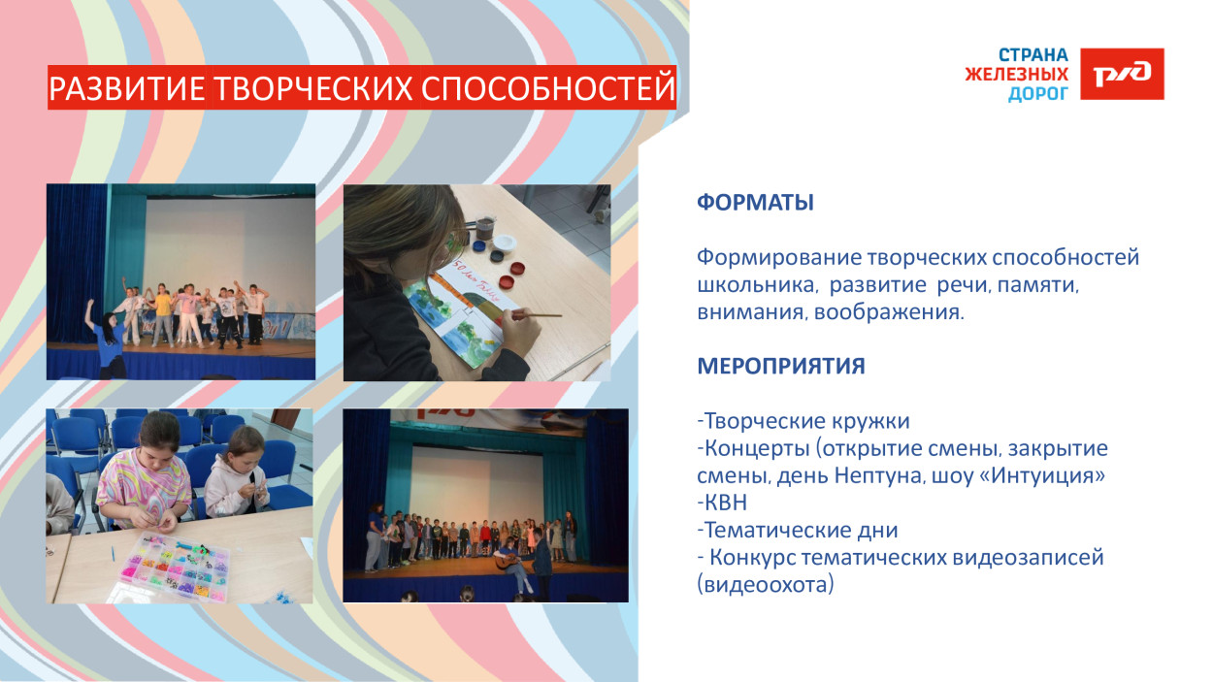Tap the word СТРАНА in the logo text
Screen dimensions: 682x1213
[x=1033, y=55]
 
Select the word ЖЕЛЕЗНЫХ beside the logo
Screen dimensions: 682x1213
[x=1016, y=75]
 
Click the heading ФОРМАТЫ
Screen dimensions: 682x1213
[x=755, y=203]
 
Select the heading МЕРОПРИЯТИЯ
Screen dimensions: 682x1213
[x=780, y=367]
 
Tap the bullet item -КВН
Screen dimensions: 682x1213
[x=722, y=503]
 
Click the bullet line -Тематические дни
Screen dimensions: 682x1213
[x=797, y=531]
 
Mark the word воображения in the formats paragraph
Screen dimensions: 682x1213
[x=888, y=312]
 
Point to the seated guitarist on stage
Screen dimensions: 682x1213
[x=511, y=563]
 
